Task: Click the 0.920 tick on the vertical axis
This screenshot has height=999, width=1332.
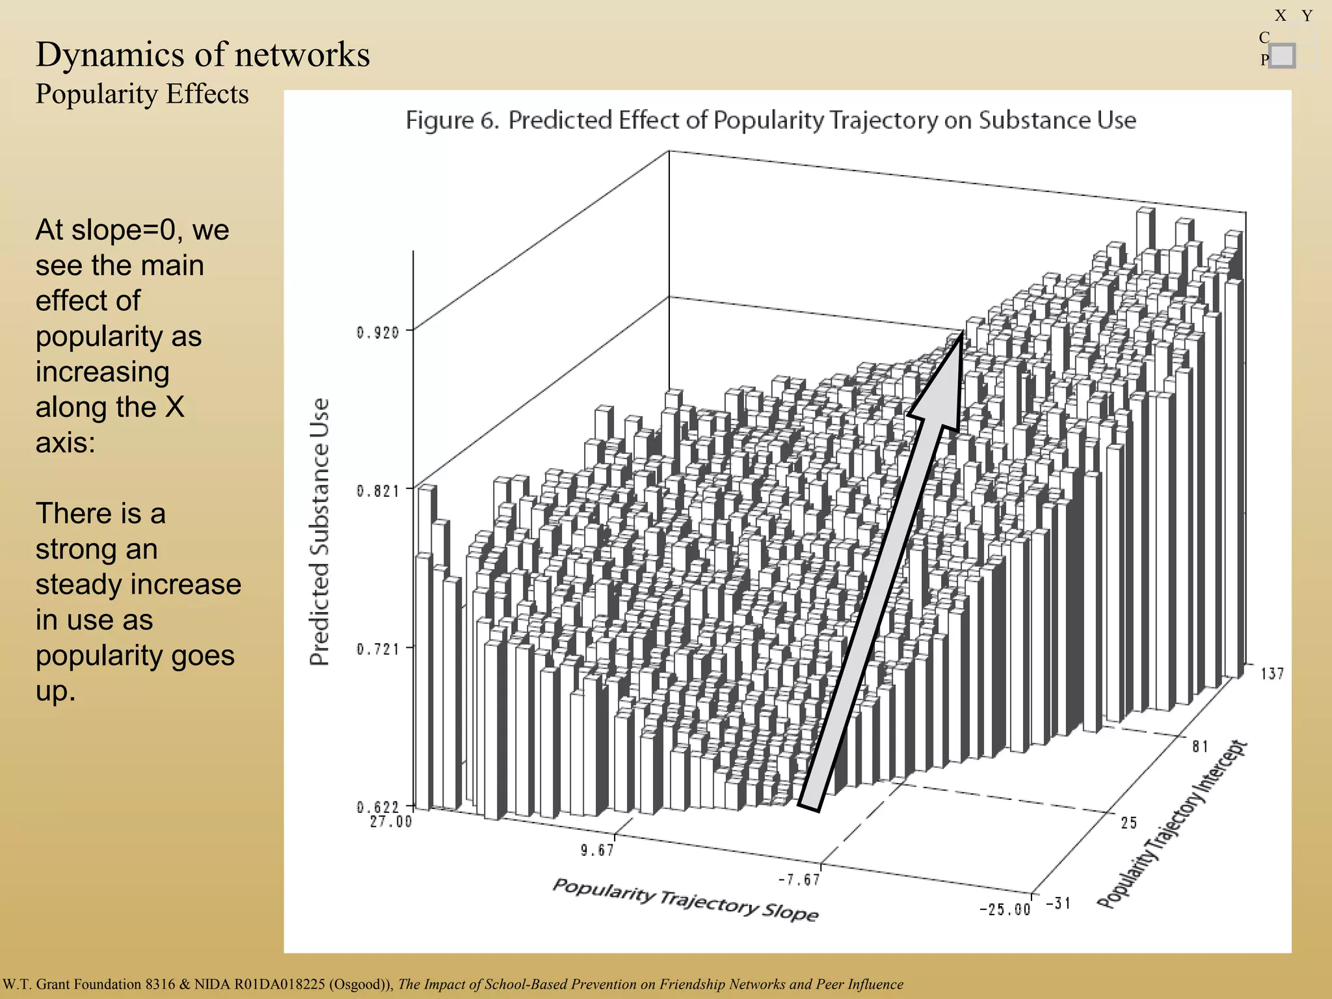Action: (x=378, y=333)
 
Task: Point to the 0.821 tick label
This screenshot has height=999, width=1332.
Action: (x=378, y=491)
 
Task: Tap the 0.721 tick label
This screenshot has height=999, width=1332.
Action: (x=378, y=649)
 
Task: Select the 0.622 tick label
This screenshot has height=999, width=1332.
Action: (x=378, y=807)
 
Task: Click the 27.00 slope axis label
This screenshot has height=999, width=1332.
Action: (x=391, y=822)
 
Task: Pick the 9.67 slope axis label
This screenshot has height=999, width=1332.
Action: (x=597, y=850)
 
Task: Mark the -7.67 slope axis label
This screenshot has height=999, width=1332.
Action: (x=799, y=880)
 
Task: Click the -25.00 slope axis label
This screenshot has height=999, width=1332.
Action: (x=1005, y=909)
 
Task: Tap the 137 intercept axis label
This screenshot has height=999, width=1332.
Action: (x=1272, y=674)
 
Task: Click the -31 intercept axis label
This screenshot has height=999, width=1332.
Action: (x=1058, y=903)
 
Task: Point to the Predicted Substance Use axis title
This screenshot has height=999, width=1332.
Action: (x=319, y=531)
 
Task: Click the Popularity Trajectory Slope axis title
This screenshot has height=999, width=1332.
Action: (x=686, y=900)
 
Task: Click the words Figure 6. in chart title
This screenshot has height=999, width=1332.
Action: (x=452, y=121)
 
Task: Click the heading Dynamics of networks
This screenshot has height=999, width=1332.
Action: (x=202, y=54)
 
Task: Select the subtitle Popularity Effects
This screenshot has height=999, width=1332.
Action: (x=142, y=94)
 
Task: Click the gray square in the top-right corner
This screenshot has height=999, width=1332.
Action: (x=1281, y=56)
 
